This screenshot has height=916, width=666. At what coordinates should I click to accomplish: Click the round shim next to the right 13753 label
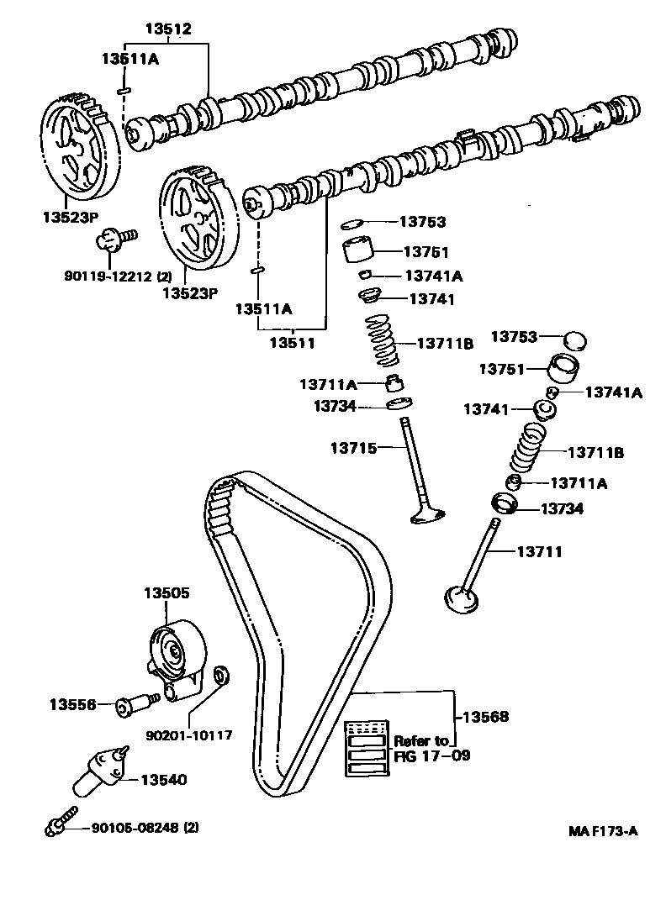[574, 340]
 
